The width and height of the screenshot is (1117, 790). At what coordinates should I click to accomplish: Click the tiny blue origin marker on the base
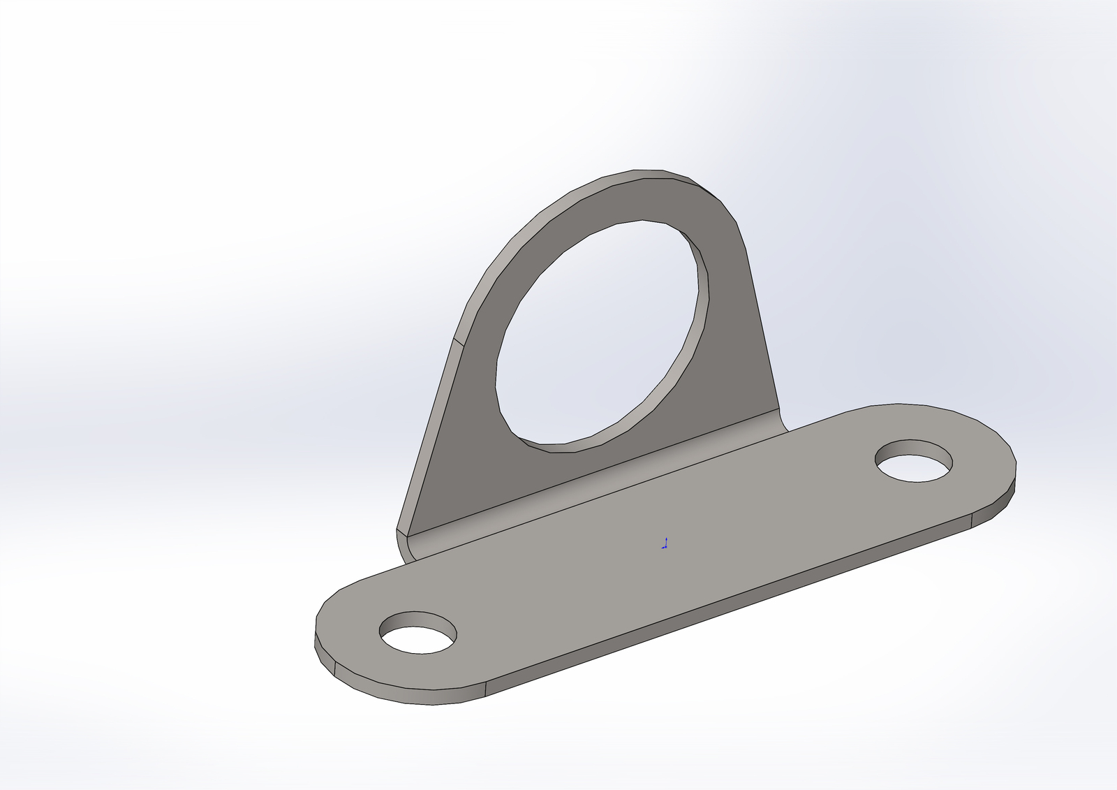tap(665, 543)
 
